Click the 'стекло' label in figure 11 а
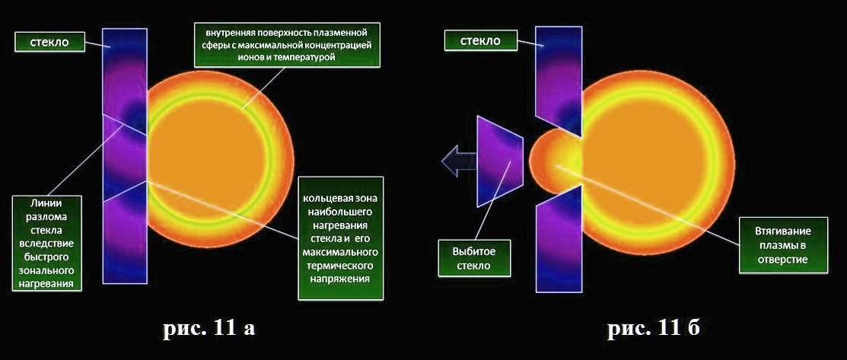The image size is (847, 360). pos(49,42)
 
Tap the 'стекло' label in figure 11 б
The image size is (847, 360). pos(480,40)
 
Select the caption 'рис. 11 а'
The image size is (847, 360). pos(209,327)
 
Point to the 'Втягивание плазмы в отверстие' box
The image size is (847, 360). pos(783,245)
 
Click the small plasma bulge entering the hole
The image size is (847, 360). pos(554,160)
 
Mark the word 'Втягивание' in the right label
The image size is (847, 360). pos(783,231)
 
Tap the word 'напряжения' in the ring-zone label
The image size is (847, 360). pos(341,279)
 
